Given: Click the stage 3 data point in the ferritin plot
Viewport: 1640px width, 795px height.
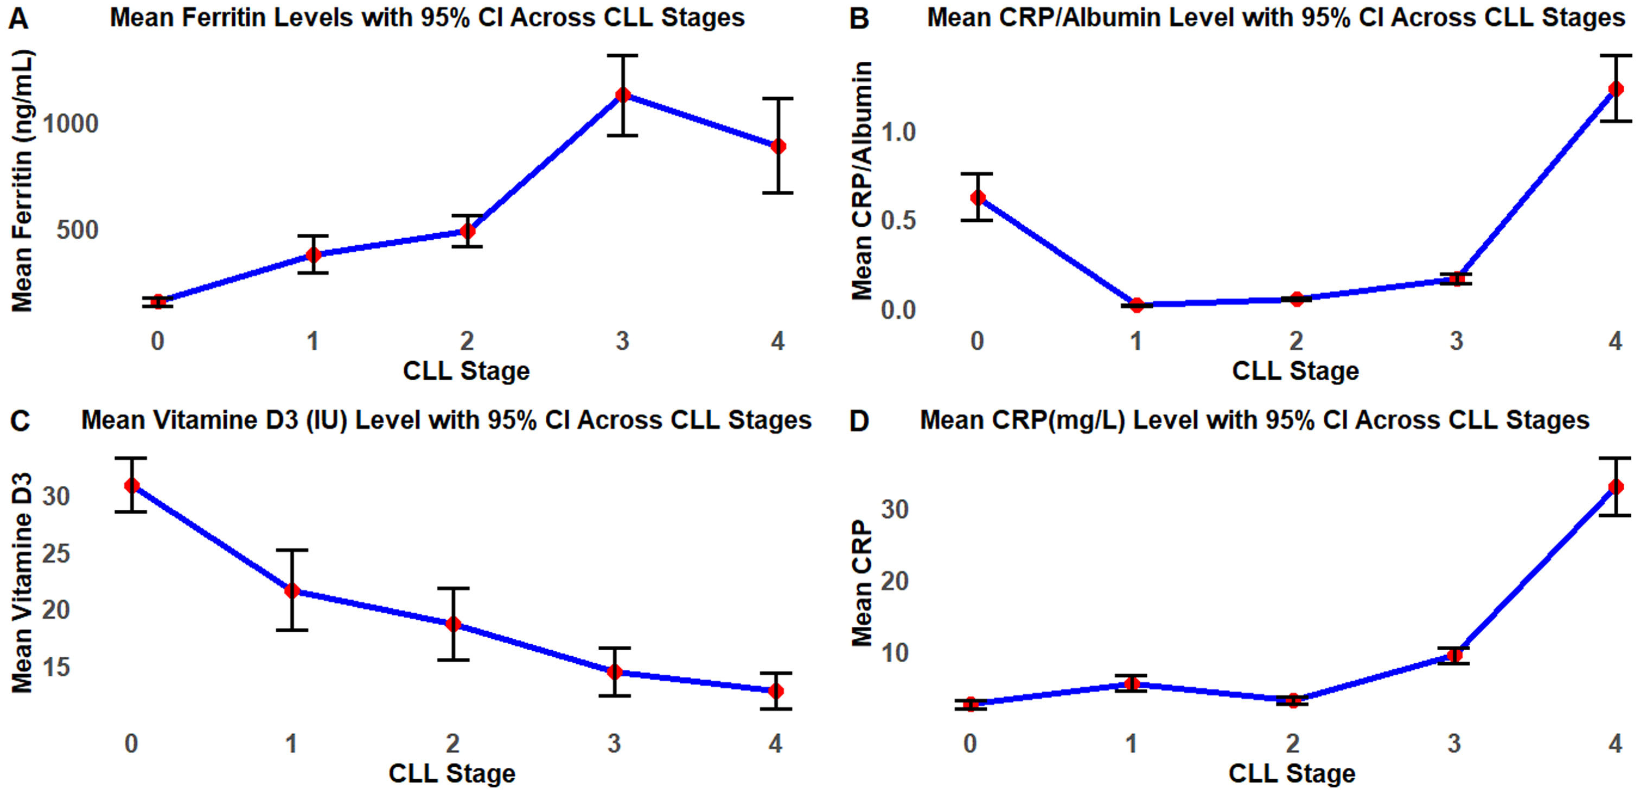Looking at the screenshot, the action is pos(623,95).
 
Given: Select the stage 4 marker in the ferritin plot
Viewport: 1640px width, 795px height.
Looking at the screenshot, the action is pos(778,146).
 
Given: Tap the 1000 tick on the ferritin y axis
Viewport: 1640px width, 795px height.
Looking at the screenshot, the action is pos(70,124).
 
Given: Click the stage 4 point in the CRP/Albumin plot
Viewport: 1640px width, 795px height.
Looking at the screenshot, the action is pos(1615,89).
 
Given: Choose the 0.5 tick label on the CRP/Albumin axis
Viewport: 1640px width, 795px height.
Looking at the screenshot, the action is pos(898,221).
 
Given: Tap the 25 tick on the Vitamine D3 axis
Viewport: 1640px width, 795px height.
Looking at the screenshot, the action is pos(56,553).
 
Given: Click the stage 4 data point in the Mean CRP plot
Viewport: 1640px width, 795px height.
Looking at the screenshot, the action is pos(1615,487).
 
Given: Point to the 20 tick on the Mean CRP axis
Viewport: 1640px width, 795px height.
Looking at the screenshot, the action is pos(895,581).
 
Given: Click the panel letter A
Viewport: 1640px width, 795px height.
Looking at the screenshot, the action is pos(19,18).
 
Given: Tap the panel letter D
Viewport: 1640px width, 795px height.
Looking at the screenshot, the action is pos(859,421).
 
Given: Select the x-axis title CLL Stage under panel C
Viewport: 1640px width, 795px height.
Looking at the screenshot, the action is pos(452,773).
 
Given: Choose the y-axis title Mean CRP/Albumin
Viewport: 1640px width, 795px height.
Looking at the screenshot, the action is pos(862,181).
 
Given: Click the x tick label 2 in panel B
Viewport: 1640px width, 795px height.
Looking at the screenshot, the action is pos(1296,342).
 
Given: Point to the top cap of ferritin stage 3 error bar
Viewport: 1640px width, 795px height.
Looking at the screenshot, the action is pos(623,56).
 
